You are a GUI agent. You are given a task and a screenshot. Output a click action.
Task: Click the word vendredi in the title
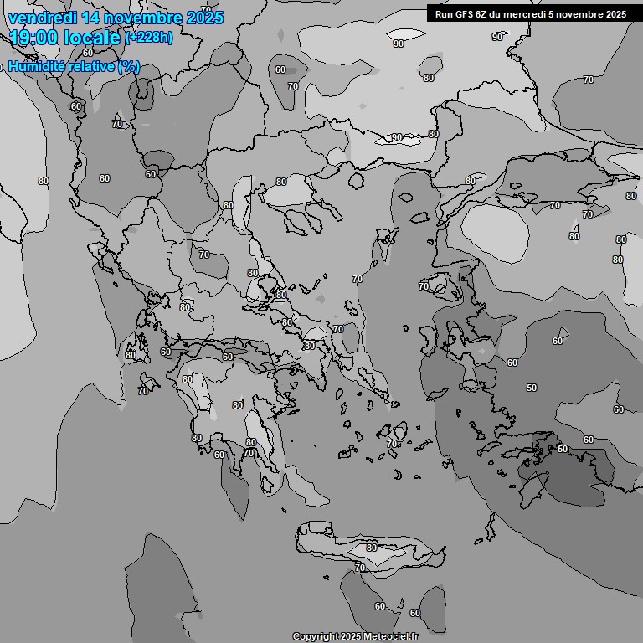pos(39,18)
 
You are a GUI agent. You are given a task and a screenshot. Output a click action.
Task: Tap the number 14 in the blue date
pos(85,18)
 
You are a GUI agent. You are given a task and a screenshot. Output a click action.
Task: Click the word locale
pos(98,38)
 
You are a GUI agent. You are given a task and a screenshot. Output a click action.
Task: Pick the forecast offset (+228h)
pos(149,38)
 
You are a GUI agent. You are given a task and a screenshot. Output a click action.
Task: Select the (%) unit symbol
pos(129,67)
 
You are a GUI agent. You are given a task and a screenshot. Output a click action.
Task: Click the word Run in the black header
pos(445,14)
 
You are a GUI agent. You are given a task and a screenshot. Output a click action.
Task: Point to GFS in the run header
pos(466,14)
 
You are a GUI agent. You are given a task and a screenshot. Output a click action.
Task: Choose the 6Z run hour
pos(486,14)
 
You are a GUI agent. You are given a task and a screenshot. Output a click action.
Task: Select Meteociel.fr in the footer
pos(389,637)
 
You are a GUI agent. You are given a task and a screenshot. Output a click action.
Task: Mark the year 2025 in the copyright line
pos(351,637)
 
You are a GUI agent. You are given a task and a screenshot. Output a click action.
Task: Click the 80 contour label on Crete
pos(371,548)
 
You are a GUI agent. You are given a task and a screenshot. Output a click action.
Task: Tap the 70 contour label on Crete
pos(359,568)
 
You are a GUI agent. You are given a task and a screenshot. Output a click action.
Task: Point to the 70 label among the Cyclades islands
pos(393,444)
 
